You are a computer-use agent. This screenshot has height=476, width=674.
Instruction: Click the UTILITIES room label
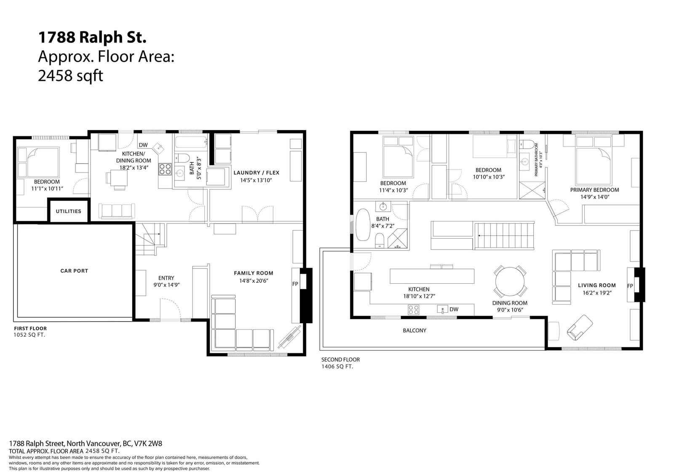68,211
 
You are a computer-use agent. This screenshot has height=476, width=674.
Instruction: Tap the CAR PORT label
74,271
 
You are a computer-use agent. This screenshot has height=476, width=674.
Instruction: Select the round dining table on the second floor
510,282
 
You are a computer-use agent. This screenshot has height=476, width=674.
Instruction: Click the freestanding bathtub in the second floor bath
363,225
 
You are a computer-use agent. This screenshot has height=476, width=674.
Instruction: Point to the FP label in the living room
630,286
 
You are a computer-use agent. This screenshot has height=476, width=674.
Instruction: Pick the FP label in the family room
295,284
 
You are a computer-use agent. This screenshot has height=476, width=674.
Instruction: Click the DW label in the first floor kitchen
143,145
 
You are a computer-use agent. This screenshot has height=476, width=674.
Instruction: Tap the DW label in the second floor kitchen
454,309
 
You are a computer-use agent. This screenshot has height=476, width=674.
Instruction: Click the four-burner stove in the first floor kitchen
165,169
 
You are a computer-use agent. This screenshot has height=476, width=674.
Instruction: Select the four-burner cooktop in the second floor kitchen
413,310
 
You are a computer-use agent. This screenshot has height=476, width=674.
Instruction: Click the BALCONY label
415,330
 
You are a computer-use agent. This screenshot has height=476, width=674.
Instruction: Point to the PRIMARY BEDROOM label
594,190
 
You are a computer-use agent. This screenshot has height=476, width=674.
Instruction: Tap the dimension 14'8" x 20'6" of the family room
253,281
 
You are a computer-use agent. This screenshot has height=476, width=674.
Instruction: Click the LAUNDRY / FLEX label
257,173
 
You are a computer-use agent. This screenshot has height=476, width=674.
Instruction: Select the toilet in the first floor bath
182,158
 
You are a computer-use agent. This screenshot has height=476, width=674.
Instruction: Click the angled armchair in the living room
580,327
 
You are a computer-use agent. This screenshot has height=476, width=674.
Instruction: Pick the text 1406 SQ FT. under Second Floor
337,367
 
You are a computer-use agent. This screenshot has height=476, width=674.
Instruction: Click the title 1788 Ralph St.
92,37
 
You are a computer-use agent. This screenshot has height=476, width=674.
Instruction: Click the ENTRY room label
166,278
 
